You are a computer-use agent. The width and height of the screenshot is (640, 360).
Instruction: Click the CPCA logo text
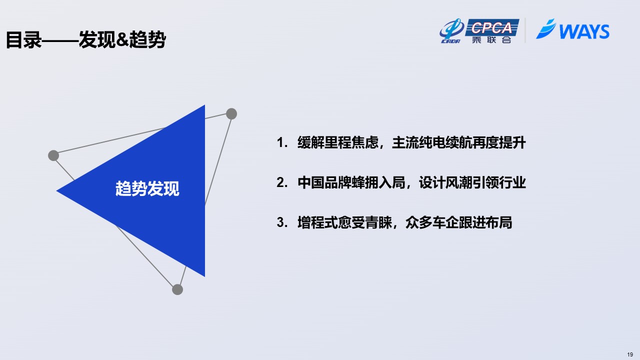click(x=491, y=27)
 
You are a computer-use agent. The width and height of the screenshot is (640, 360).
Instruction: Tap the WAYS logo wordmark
click(x=584, y=31)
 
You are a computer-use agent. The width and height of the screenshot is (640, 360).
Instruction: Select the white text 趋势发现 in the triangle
click(x=147, y=188)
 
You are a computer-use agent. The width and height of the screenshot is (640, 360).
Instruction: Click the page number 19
click(x=630, y=354)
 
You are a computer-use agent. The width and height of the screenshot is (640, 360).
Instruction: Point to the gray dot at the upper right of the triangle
click(x=231, y=113)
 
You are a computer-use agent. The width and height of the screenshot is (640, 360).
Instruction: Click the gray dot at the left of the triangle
click(x=53, y=155)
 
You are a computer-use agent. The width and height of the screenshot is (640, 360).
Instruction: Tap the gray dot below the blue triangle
click(x=177, y=289)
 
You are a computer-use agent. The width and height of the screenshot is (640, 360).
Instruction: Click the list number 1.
click(x=282, y=142)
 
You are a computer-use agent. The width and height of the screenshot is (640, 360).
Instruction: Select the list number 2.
click(x=282, y=182)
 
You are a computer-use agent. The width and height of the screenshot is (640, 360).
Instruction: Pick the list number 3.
click(x=282, y=222)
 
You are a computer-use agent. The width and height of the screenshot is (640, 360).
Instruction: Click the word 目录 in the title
click(x=23, y=39)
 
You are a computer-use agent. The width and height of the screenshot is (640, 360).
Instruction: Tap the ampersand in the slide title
click(x=123, y=39)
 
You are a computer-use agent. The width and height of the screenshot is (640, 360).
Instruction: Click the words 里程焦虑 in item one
click(x=351, y=142)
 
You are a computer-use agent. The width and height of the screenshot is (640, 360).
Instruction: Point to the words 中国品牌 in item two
click(x=324, y=182)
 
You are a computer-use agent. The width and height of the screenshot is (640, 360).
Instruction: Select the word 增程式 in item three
click(x=317, y=222)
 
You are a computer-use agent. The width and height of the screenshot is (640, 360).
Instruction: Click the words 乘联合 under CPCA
click(x=491, y=39)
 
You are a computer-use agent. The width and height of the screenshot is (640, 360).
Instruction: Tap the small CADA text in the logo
click(x=450, y=41)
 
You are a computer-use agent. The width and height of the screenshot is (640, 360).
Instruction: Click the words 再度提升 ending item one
click(x=499, y=142)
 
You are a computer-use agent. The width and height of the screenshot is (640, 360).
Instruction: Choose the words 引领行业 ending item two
click(x=499, y=182)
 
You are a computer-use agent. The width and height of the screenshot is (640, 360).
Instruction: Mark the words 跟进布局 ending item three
click(x=485, y=222)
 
